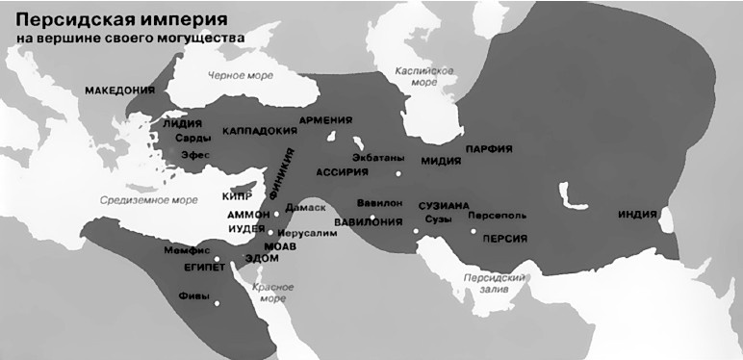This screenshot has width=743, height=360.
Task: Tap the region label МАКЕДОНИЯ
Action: pos(119,90)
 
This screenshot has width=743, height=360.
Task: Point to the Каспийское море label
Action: pos(424,77)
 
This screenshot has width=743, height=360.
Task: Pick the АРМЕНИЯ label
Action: pos(325,120)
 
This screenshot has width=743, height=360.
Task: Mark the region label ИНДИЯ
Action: pos(637,215)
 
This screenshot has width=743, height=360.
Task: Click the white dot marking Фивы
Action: pos(216,304)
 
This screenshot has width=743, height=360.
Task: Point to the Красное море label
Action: pos(269,293)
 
